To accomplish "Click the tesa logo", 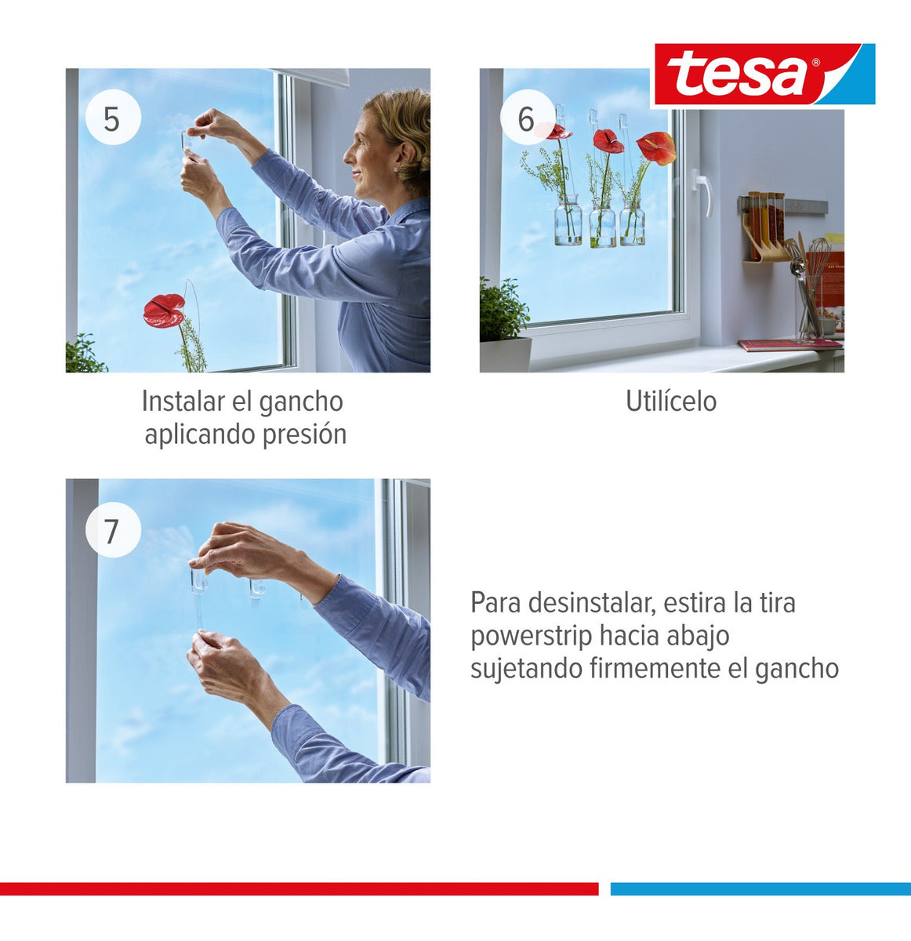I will pyautogui.click(x=764, y=74).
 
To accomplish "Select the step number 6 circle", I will pyautogui.click(x=526, y=118).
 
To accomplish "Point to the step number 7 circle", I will pyautogui.click(x=113, y=530).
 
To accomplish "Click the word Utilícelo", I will pyautogui.click(x=670, y=401).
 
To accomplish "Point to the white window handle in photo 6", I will pyautogui.click(x=702, y=190).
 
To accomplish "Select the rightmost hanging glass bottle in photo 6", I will pyautogui.click(x=632, y=226).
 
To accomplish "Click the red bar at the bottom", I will pyautogui.click(x=299, y=888).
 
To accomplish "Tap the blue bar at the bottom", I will pyautogui.click(x=760, y=888).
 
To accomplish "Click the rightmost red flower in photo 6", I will pyautogui.click(x=656, y=147).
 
